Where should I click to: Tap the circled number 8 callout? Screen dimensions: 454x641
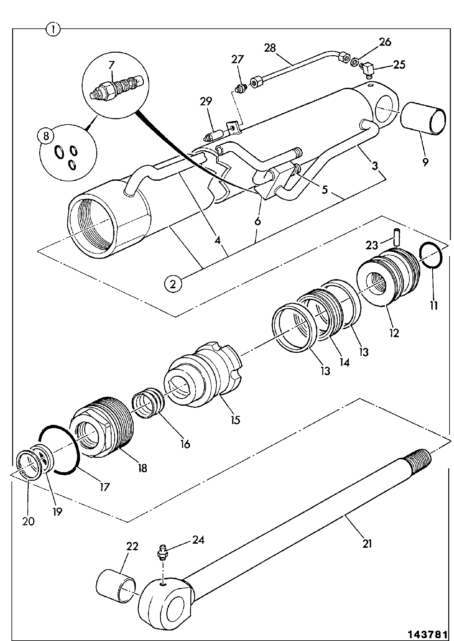[x=47, y=136]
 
